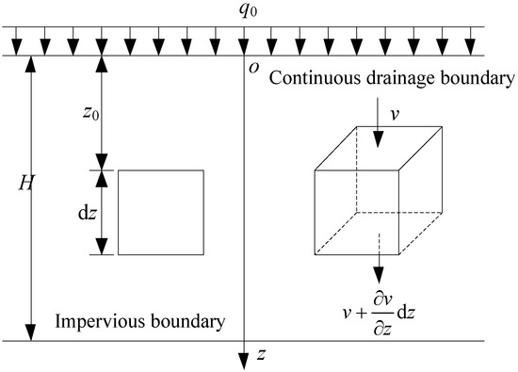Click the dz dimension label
84,213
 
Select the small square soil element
159,213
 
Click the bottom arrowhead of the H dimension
32,333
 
